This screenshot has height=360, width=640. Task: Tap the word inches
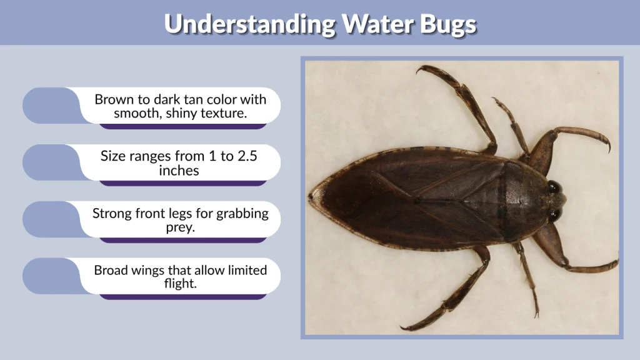pyautogui.click(x=179, y=171)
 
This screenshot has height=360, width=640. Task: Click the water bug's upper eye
pyautogui.click(x=554, y=186)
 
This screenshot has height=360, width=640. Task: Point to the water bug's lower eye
pyautogui.click(x=554, y=215)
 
